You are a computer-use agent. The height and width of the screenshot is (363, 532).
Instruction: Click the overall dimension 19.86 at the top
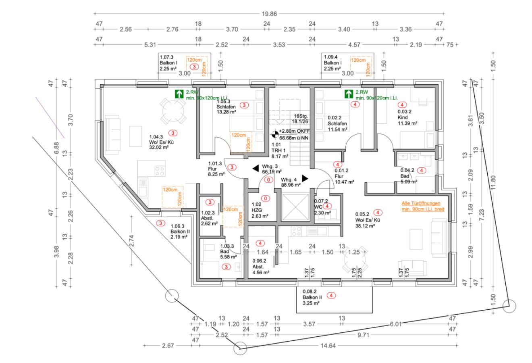pos(269,13)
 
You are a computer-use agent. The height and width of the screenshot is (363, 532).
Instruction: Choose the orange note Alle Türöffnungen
pos(421,207)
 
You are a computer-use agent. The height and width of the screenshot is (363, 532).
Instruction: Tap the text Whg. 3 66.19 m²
pos(270,169)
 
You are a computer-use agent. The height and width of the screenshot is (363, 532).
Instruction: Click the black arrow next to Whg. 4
pos(305,178)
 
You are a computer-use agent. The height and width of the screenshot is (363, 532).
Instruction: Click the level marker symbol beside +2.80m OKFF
pos(275,133)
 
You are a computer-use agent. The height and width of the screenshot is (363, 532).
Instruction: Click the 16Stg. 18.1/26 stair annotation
pos(301,118)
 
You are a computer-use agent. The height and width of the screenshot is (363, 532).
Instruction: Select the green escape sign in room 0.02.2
pos(349,94)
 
